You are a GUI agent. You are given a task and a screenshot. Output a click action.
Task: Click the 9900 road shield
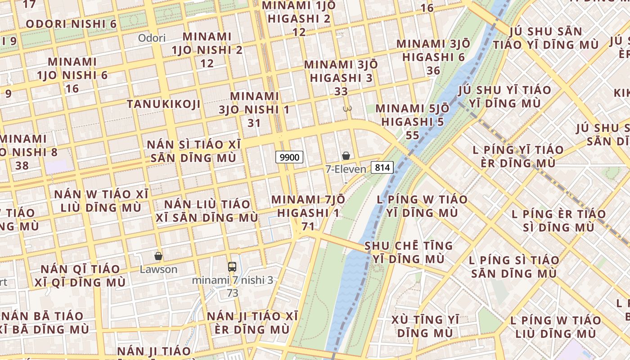(289, 157)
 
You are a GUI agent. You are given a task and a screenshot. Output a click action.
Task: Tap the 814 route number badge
(382, 168)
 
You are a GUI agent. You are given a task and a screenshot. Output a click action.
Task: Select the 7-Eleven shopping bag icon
(346, 156)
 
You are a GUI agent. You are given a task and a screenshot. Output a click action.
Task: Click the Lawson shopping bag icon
(158, 256)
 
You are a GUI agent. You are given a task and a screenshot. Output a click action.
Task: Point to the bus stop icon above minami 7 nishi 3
(232, 266)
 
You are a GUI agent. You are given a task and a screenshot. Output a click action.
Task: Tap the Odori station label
(152, 38)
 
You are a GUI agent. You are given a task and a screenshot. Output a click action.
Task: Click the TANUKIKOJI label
(163, 104)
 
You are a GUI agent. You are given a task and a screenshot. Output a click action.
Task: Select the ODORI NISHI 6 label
(71, 24)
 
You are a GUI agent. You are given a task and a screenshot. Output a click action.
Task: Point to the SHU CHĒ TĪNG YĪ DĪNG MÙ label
(409, 252)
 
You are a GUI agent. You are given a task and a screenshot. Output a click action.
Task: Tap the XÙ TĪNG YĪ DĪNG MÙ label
(425, 326)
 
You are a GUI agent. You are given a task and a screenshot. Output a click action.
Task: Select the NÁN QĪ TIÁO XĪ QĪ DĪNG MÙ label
(81, 276)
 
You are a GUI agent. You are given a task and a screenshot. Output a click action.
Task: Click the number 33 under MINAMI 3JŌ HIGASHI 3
(341, 91)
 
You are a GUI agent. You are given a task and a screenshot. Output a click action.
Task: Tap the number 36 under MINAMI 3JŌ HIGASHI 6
(433, 71)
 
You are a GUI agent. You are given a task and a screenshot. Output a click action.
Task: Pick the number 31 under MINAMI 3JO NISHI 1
(254, 122)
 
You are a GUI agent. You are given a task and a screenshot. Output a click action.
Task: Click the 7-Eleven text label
(346, 169)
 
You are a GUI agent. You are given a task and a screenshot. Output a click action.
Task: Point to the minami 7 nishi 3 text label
(232, 280)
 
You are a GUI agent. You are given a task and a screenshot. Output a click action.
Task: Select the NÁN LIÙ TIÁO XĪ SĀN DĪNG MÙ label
(207, 211)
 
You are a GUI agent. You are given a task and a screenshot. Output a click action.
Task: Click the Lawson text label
(158, 270)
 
